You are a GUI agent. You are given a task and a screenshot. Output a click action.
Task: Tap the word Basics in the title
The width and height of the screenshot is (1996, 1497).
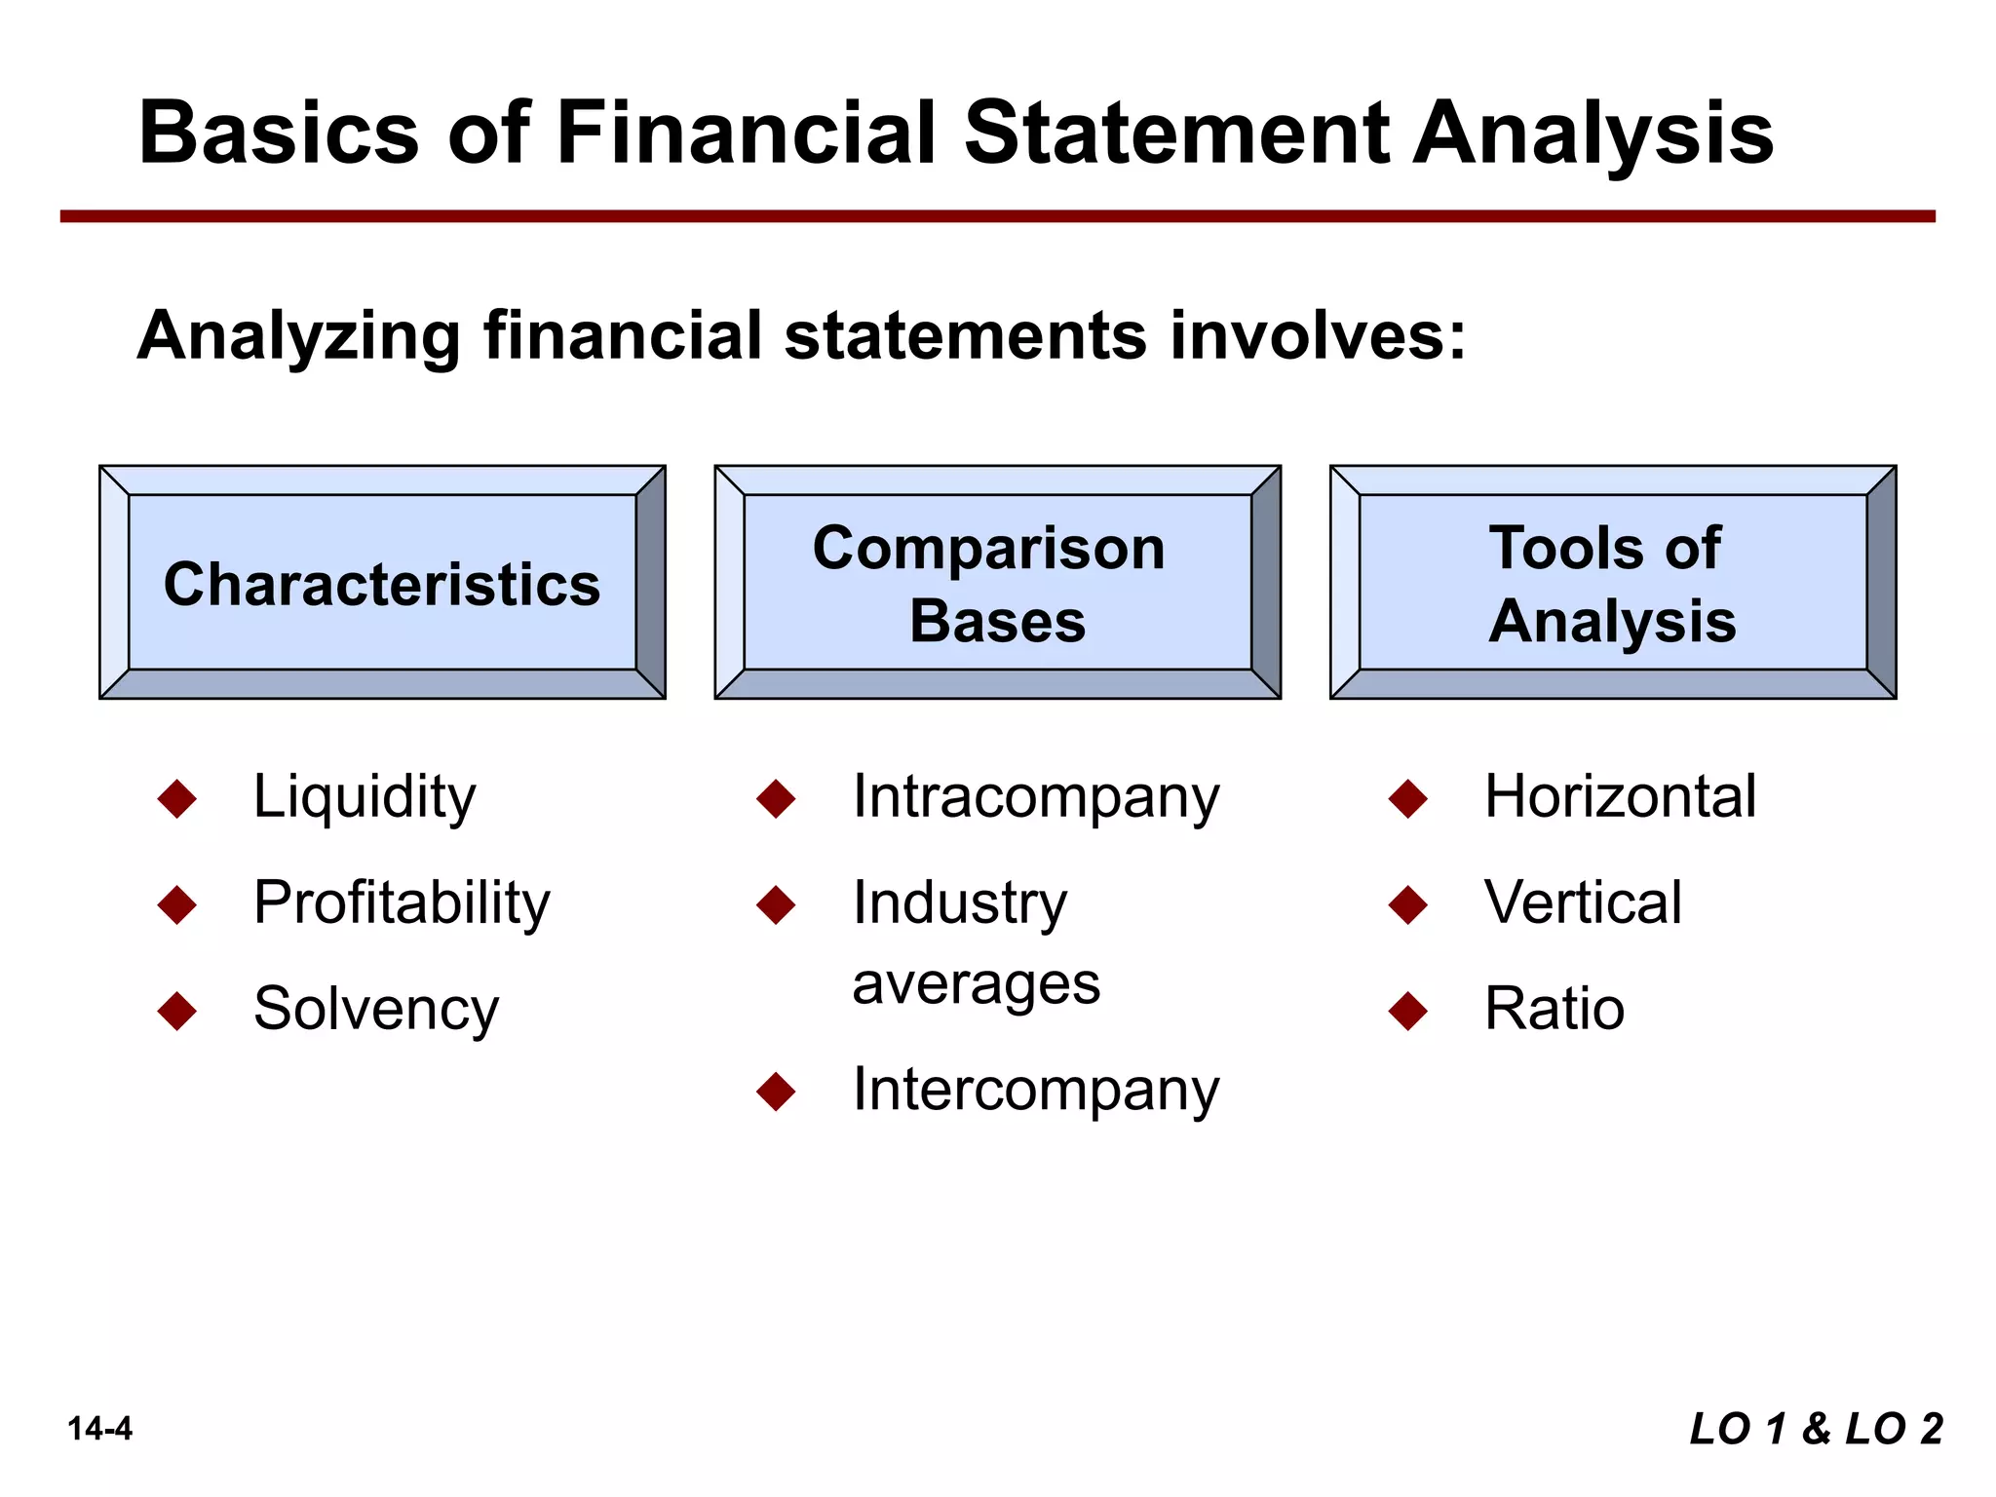279,134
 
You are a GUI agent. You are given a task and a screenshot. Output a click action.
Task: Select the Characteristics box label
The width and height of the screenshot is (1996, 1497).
382,585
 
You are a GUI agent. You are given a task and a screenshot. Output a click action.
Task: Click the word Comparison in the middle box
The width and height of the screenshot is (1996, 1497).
988,549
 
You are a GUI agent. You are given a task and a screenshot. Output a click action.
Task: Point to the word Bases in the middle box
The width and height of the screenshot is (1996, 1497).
997,621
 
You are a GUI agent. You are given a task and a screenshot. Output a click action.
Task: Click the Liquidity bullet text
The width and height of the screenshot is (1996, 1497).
365,797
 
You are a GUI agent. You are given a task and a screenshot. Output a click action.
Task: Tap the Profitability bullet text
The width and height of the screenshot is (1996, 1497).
402,903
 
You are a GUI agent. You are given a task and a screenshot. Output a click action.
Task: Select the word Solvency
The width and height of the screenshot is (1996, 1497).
376,1010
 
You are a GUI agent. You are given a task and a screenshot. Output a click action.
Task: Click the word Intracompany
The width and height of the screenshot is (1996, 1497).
1036,798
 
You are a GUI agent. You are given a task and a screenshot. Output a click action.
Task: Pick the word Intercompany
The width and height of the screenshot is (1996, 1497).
1036,1091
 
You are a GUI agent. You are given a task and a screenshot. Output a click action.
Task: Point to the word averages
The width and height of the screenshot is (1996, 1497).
976,984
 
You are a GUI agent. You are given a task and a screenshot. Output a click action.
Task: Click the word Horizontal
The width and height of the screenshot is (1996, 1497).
1620,797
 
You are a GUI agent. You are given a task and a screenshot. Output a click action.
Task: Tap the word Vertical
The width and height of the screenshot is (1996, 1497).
1583,902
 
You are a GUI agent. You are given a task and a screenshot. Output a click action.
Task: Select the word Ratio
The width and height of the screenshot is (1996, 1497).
1555,1009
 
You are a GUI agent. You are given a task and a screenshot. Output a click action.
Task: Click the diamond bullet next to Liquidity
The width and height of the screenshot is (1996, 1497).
177,798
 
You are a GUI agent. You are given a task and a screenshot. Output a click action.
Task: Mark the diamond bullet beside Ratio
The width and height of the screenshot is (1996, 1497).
1408,1011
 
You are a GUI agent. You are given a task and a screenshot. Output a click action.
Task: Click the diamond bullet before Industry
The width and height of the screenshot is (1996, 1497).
777,904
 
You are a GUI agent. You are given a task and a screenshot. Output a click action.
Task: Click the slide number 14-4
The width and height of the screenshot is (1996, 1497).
99,1429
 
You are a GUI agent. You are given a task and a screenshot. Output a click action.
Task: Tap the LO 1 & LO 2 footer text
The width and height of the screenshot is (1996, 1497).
1816,1429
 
